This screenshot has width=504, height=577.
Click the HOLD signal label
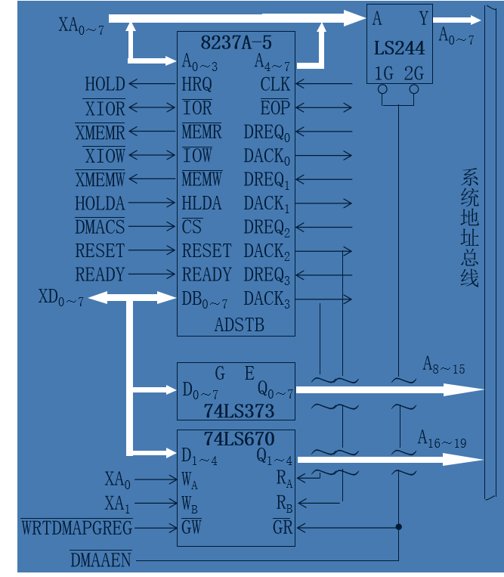point(104,84)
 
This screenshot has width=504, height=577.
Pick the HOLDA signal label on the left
point(99,203)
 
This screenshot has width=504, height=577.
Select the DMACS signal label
point(99,227)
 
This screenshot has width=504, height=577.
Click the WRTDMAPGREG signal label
point(76,527)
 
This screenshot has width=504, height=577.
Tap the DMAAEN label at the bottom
point(100,560)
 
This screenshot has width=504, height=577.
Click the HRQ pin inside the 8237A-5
point(196,84)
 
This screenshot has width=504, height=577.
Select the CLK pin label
point(275,84)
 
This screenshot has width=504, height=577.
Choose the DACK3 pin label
point(267,299)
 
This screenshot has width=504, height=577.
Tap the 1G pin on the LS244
point(383,73)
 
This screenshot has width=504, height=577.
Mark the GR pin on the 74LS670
point(283,527)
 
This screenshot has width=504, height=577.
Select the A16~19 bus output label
point(443,439)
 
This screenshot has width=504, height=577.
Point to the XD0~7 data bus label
point(60,298)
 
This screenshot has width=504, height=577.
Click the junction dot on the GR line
point(398,527)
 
